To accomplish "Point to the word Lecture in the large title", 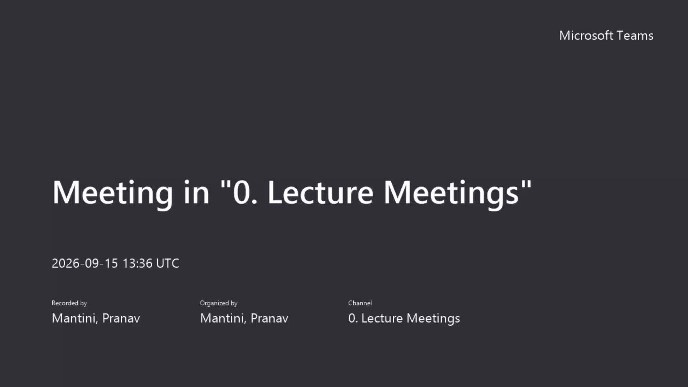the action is pos(320,192).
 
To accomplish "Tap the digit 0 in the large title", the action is pos(241,192).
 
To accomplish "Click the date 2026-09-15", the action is pos(85,263).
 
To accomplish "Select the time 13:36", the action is pos(138,263).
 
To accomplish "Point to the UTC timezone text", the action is pos(168,263).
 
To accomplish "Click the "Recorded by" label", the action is pos(69,303).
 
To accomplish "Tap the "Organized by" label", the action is pos(219,303).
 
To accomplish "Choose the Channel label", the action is pos(360,303).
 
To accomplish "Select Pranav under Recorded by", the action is pos(121,318).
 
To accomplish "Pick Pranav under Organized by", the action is pos(269,318).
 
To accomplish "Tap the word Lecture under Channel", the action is pos(382,318).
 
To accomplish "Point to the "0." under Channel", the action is pos(353,318).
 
